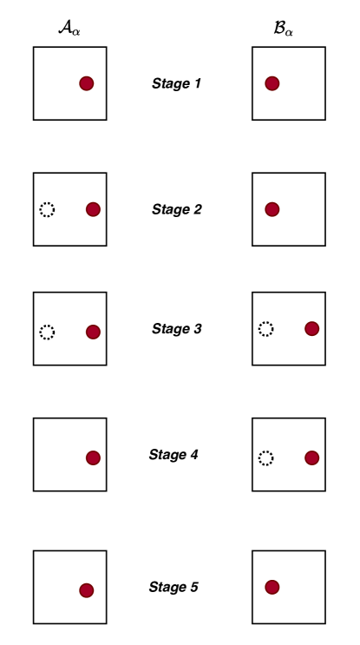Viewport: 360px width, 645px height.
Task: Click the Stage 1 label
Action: [176, 83]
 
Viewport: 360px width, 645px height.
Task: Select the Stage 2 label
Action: [177, 209]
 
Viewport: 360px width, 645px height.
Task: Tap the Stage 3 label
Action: [177, 329]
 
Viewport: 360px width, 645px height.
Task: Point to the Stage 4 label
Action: [173, 455]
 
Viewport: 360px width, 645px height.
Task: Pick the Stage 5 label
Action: [173, 587]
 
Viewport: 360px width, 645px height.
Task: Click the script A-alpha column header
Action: [69, 30]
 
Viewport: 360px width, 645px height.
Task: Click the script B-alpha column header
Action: [283, 30]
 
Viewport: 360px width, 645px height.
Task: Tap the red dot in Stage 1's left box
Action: [86, 83]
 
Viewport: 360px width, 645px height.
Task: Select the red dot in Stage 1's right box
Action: [272, 83]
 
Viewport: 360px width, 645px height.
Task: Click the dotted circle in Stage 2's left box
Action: [47, 202]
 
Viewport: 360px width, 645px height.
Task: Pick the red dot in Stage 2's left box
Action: [93, 209]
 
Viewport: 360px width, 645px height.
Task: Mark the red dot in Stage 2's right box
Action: [272, 209]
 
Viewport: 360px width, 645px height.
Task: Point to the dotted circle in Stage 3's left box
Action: [47, 325]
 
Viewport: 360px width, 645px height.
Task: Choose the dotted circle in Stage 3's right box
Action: [266, 322]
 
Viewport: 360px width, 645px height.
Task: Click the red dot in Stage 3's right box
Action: [312, 329]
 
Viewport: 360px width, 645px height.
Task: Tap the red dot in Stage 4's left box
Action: [93, 457]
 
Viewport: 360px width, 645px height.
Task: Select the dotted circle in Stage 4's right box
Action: [266, 451]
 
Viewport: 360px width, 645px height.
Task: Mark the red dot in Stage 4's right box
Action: [312, 457]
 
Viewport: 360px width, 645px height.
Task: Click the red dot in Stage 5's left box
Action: [86, 590]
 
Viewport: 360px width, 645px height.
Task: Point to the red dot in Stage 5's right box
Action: [272, 587]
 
